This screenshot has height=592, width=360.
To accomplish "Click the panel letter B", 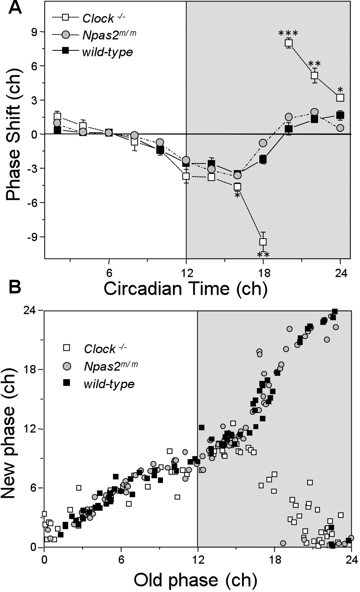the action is click(x=15, y=286).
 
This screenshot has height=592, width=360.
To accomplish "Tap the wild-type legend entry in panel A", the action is click(x=92, y=52).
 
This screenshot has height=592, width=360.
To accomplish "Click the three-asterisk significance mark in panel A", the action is click(x=288, y=34).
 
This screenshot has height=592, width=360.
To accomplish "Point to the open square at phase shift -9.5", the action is click(x=263, y=242).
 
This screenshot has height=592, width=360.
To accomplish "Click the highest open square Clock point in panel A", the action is click(x=289, y=43).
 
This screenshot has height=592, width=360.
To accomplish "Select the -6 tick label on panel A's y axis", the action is click(x=33, y=203).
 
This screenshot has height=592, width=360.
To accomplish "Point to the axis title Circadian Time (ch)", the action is click(x=185, y=288).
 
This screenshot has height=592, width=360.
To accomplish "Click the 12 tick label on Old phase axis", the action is click(x=197, y=559).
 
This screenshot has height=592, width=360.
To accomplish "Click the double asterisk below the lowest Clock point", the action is click(x=263, y=255).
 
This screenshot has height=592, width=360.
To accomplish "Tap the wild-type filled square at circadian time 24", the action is click(x=340, y=115).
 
